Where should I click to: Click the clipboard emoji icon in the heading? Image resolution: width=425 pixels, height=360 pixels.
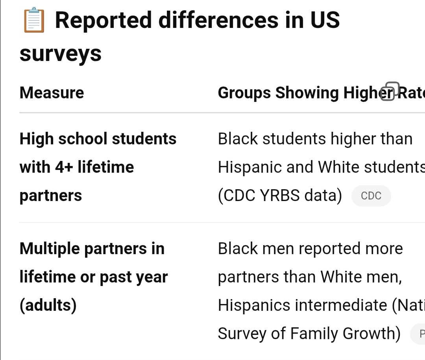point(34,20)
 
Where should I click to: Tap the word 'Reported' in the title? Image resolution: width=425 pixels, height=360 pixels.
point(103,20)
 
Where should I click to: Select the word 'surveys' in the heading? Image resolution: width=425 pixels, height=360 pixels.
point(61,54)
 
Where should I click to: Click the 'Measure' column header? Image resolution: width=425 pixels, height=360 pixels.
point(52,93)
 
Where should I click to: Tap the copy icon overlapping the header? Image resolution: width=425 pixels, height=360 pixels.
point(390,91)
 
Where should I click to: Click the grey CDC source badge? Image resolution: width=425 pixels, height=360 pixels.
point(371,196)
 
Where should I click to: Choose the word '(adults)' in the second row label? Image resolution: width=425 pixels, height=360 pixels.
point(48,305)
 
